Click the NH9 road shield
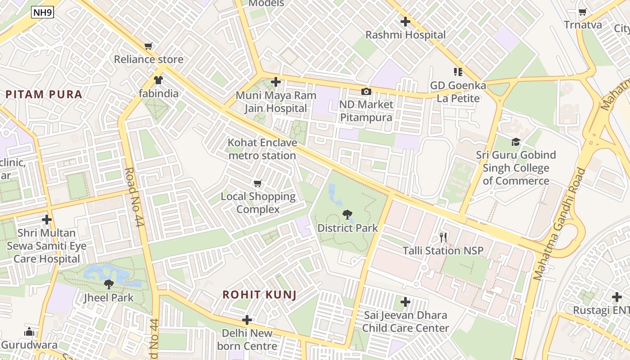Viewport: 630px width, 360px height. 43,13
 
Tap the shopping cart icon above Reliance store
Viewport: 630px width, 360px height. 148,46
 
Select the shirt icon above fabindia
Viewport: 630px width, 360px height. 158,80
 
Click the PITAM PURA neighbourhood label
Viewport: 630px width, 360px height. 44,94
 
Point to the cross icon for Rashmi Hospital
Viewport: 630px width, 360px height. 405,21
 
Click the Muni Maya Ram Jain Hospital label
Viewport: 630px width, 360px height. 276,102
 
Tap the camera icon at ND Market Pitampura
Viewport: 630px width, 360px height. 366,91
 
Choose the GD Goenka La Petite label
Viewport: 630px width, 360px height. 458,92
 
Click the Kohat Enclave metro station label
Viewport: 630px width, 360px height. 262,149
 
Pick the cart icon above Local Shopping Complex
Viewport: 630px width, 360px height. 258,183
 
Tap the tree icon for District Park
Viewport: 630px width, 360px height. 347,214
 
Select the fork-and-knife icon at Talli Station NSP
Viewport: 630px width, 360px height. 443,237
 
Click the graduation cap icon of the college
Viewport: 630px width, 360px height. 516,142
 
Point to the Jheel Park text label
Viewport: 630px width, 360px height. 109,297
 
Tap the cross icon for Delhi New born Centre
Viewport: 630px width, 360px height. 247,320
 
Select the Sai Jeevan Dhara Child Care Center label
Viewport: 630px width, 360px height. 405,322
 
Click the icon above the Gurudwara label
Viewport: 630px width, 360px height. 29,332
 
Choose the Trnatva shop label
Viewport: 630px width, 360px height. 583,25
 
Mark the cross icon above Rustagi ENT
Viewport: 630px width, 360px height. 617,297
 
